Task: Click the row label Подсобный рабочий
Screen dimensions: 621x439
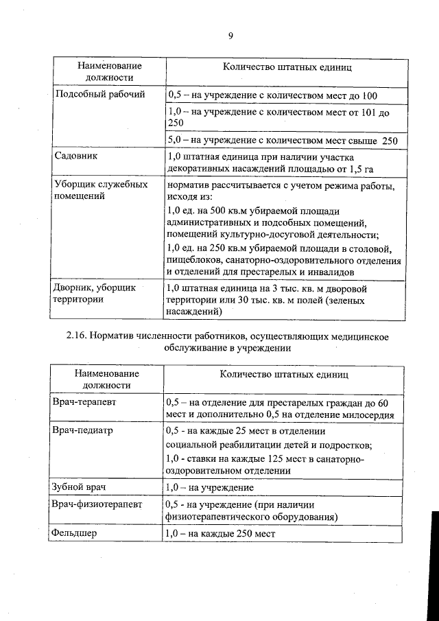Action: pos(99,94)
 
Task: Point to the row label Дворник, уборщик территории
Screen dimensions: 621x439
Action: pos(95,293)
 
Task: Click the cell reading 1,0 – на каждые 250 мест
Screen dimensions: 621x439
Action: pos(220,533)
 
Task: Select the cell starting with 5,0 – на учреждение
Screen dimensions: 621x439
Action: pos(282,141)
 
